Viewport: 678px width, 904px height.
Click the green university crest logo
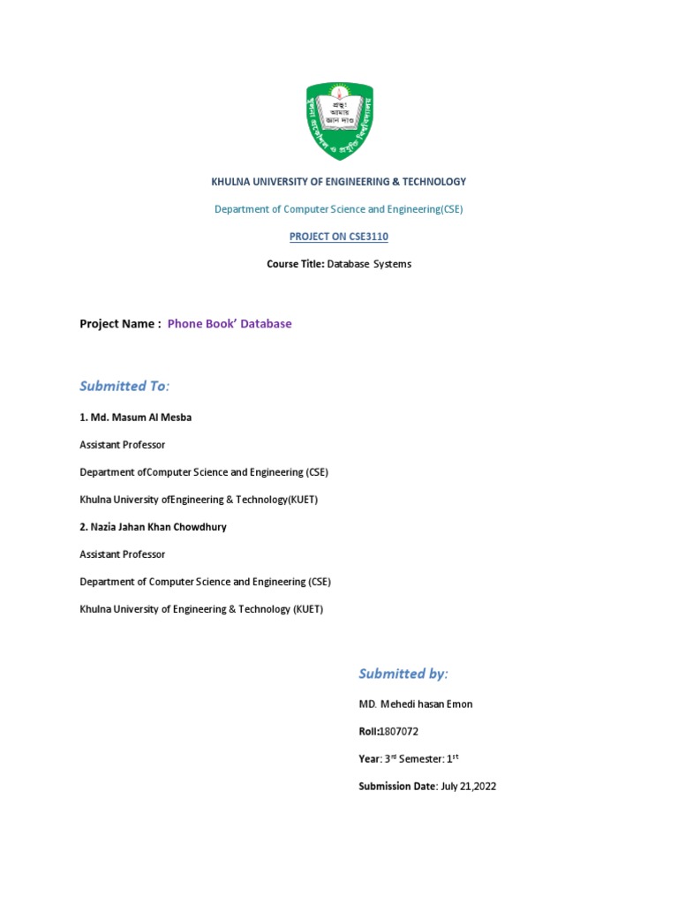(x=339, y=120)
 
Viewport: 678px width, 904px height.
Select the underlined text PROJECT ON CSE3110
(x=339, y=237)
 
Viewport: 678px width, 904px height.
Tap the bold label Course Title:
(x=296, y=264)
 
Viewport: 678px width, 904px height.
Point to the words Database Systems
(x=369, y=264)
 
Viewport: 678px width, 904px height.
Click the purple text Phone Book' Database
(x=230, y=324)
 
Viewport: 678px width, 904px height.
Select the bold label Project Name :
(x=120, y=324)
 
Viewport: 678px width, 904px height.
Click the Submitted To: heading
(x=124, y=386)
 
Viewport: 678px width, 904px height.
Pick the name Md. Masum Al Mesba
(x=140, y=418)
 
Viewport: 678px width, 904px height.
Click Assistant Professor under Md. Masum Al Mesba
(x=122, y=445)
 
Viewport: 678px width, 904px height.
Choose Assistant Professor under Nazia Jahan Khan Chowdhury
(x=122, y=554)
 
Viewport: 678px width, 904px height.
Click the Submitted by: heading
(x=403, y=674)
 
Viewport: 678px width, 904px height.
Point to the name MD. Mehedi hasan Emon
(x=416, y=704)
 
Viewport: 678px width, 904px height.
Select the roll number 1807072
(x=398, y=732)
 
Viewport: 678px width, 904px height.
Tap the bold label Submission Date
(x=397, y=787)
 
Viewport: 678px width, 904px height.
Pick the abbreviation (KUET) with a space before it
(x=308, y=609)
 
